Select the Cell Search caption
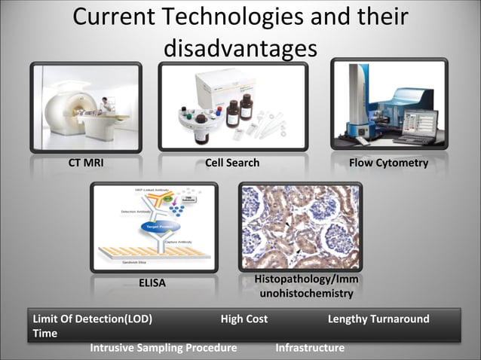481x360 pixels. point(232,163)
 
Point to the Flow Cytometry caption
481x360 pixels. point(388,163)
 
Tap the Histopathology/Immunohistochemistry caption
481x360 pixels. point(305,286)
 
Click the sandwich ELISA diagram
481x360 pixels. point(154,226)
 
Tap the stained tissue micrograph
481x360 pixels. point(300,226)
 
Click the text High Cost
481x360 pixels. point(244,319)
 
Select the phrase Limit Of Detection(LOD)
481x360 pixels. point(92,319)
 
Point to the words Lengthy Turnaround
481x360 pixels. point(378,319)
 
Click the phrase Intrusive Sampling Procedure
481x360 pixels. point(164,347)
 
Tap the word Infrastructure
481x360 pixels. point(310,347)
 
